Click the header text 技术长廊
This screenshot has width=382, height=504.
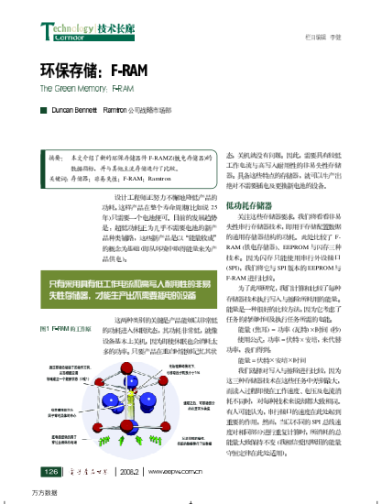(x=107, y=29)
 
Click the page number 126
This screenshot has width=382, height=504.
(x=50, y=470)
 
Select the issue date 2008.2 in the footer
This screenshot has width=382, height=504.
(x=127, y=471)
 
